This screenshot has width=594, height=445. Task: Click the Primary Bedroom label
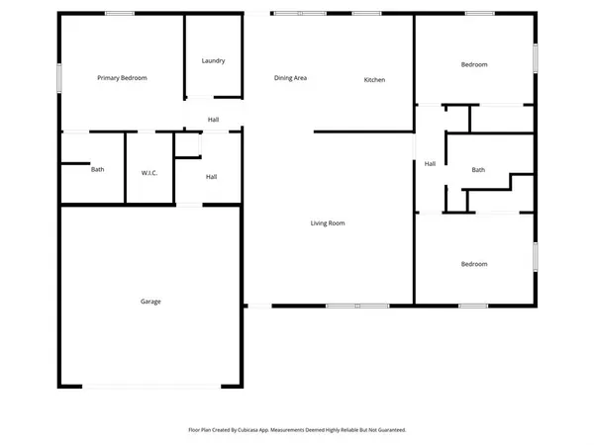coord(122,77)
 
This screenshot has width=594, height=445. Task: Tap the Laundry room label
coord(213,60)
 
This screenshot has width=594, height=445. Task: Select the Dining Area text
coord(290,77)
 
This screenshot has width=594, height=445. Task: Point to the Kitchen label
coord(374,79)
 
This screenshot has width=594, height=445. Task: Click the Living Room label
coord(328,223)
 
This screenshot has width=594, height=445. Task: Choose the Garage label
coord(150,301)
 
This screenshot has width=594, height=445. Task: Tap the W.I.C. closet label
coord(149,173)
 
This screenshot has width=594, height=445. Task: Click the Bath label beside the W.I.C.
coord(98,169)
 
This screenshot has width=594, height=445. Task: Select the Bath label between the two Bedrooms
coord(478,169)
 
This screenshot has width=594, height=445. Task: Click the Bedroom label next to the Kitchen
coord(474,64)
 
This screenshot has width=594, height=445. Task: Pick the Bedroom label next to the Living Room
coord(474,264)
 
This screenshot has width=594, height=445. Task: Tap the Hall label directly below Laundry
coord(213,120)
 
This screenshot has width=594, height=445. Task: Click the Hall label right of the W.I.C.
coord(211,177)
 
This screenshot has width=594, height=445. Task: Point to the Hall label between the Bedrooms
coord(430,163)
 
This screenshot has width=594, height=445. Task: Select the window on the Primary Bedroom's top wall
coord(120,14)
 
